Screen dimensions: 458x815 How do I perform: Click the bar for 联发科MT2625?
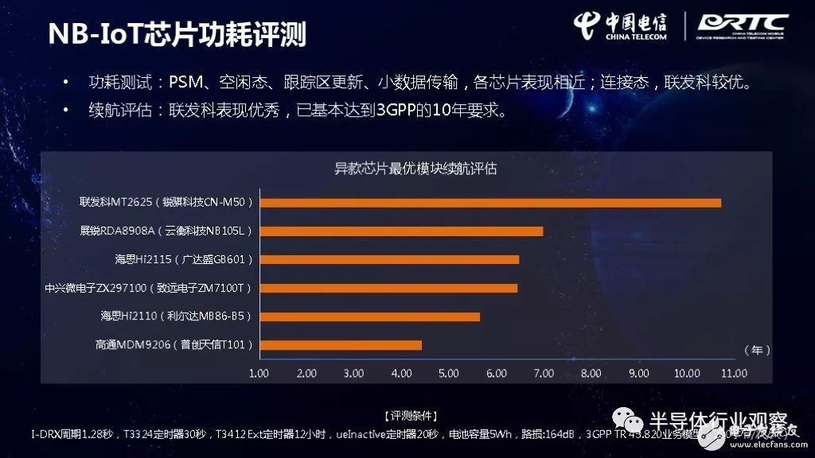(490, 203)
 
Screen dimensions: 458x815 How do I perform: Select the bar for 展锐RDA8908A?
(401, 231)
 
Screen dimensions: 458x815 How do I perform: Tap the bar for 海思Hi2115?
(389, 259)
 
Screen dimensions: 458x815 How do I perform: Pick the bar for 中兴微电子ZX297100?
(388, 288)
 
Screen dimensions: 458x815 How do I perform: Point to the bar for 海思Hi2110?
(370, 316)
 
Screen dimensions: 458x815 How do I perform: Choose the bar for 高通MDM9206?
(341, 344)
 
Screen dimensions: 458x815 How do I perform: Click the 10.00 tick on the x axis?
(686, 372)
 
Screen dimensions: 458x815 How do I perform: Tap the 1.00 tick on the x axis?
(259, 372)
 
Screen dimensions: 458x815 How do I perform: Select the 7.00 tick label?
(544, 372)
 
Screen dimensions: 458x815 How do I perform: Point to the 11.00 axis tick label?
(733, 372)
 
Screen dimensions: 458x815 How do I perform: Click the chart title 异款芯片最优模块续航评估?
(415, 169)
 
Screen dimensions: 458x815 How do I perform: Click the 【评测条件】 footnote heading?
(410, 416)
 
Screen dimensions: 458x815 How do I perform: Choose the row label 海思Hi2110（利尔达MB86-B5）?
(176, 316)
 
